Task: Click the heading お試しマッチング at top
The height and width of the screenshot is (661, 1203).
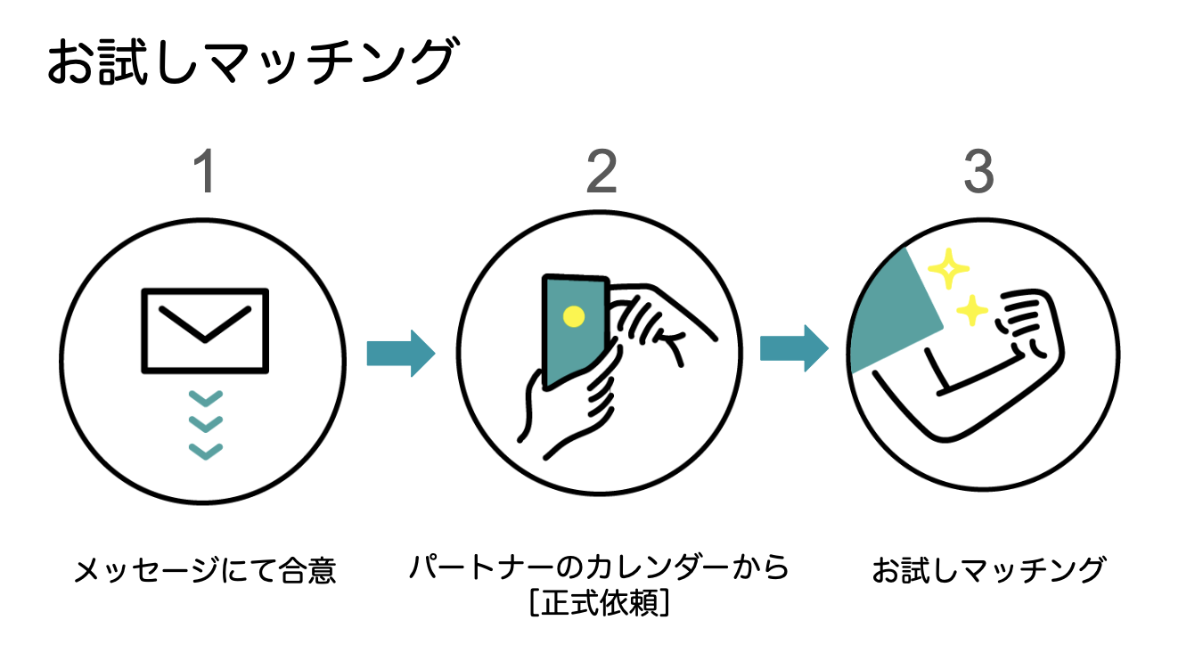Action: pyautogui.click(x=251, y=63)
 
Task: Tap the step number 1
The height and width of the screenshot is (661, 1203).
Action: pyautogui.click(x=205, y=171)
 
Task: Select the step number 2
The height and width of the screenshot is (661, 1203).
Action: pyautogui.click(x=601, y=171)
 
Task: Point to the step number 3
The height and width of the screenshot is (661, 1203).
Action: pyautogui.click(x=978, y=171)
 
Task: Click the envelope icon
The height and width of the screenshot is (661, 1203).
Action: pyautogui.click(x=205, y=330)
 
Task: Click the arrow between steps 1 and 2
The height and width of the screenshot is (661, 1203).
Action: pyautogui.click(x=400, y=354)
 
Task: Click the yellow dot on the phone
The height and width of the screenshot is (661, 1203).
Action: pyautogui.click(x=574, y=315)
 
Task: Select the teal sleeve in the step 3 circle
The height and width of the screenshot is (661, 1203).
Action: pyautogui.click(x=891, y=312)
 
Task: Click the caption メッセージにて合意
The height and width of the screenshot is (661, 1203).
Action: pyautogui.click(x=205, y=569)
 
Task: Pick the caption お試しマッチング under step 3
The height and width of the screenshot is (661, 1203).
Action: pyautogui.click(x=988, y=569)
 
